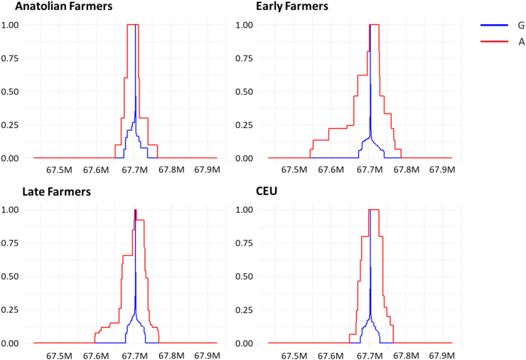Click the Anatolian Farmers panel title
coord(64,6)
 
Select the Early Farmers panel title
coord(292,6)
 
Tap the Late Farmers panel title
coord(56,191)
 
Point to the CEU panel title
coord(267,191)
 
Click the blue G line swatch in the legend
coord(494,25)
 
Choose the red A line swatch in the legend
coord(494,41)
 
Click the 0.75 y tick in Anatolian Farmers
coord(10,58)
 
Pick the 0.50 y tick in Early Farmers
coord(245,91)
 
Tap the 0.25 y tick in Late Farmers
coord(10,309)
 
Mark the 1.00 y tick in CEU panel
coord(245,210)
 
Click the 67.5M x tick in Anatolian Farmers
coord(59,169)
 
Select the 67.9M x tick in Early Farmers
coord(442,169)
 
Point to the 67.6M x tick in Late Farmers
coord(96,355)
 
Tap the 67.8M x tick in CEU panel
coord(407,355)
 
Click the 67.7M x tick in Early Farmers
coord(370,169)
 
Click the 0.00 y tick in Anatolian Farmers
coord(10,158)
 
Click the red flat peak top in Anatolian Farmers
coord(133,25)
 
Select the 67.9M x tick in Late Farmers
coord(208,355)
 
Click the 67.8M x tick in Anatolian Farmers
coord(171,169)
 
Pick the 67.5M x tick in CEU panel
coord(294,355)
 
